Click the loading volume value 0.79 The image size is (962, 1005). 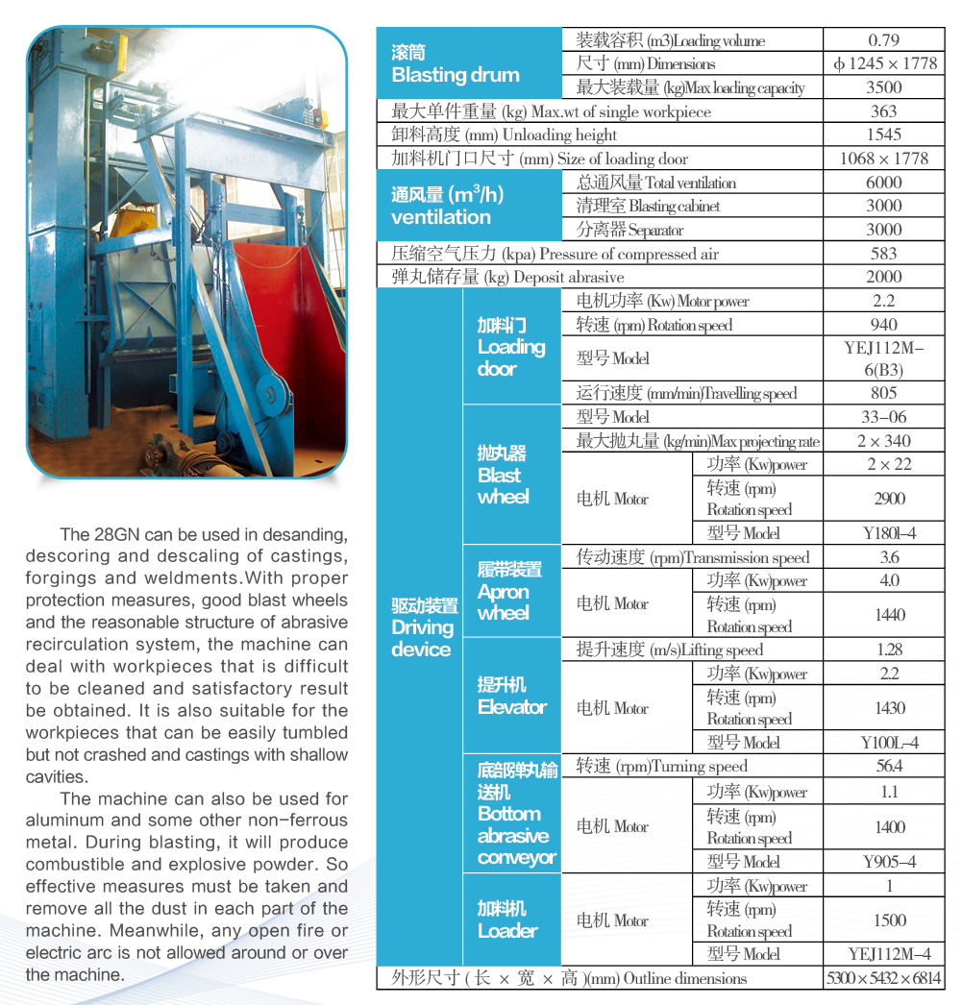tap(883, 40)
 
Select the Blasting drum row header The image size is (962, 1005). tap(456, 63)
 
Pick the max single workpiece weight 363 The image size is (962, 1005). tap(883, 111)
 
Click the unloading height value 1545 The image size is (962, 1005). tap(883, 135)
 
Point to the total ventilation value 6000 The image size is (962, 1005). tap(883, 183)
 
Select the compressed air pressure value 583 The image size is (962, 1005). tap(883, 254)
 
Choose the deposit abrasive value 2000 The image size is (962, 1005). tap(883, 277)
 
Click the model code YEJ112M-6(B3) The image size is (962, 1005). tap(883, 358)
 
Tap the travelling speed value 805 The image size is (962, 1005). tap(883, 393)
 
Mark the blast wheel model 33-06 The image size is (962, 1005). tap(883, 417)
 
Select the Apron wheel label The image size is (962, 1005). tap(509, 591)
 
